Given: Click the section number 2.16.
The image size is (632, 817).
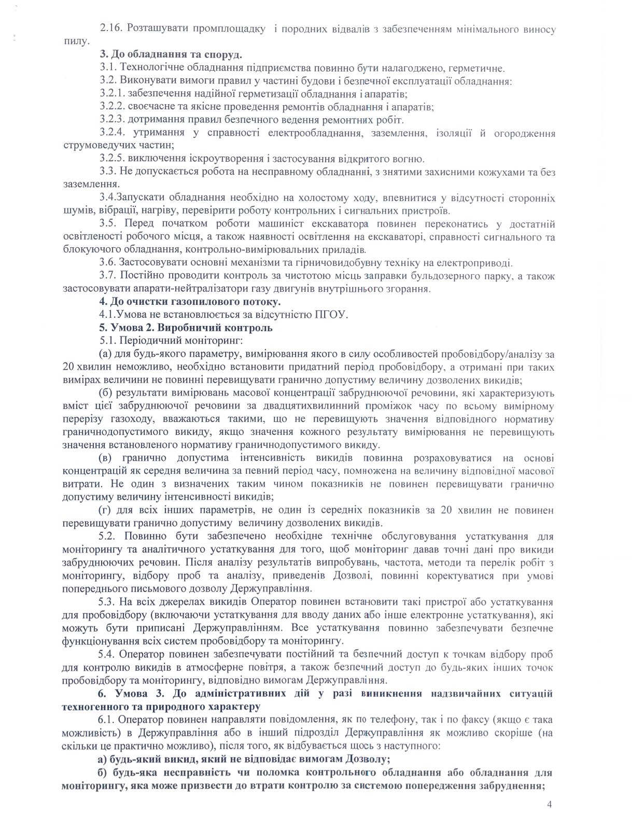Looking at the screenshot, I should point(110,30).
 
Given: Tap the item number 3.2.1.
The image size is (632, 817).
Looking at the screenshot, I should point(113,94).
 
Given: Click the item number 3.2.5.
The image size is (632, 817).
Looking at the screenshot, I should point(113,159).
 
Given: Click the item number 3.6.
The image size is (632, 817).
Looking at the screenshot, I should point(107,263).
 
